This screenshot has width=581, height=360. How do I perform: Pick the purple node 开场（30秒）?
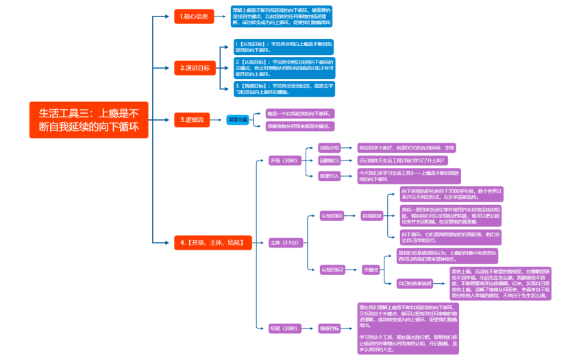[x=284, y=160]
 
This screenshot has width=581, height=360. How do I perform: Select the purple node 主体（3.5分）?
[x=284, y=242]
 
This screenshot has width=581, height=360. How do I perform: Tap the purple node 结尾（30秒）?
[x=284, y=328]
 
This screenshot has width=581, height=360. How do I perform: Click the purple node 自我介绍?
[x=330, y=147]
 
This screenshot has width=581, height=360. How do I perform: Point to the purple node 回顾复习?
[x=330, y=160]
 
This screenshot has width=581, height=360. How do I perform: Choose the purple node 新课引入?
[x=330, y=176]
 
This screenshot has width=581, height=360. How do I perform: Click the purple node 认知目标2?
[x=332, y=269]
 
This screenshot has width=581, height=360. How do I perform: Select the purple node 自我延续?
[x=372, y=215]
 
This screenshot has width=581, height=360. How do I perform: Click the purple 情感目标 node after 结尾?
[x=330, y=328]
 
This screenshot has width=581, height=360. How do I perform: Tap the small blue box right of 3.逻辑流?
[x=237, y=119]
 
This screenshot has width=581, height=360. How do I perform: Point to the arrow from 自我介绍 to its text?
[x=349, y=147]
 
